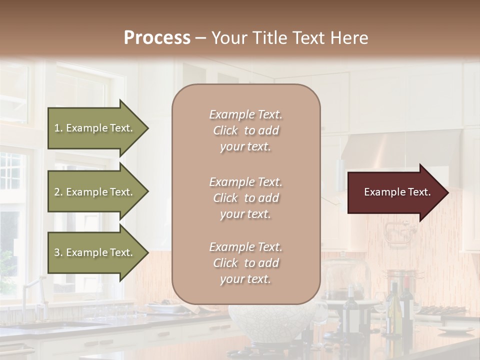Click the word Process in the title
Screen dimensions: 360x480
[x=157, y=38]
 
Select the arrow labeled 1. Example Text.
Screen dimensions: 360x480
[x=95, y=128]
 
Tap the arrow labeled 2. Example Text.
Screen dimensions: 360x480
[x=95, y=192]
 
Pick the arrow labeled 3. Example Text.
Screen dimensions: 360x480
[x=95, y=252]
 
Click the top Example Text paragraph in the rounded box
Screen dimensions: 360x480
[x=245, y=130]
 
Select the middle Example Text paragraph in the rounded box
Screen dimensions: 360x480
[x=245, y=198]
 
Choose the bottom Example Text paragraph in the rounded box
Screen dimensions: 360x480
[x=245, y=263]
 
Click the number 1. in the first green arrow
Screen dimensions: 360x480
[x=58, y=128]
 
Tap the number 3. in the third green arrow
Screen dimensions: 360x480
[x=58, y=252]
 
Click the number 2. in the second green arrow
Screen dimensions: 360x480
[x=58, y=192]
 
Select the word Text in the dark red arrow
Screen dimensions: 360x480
[x=419, y=192]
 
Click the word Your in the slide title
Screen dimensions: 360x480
[x=227, y=38]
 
